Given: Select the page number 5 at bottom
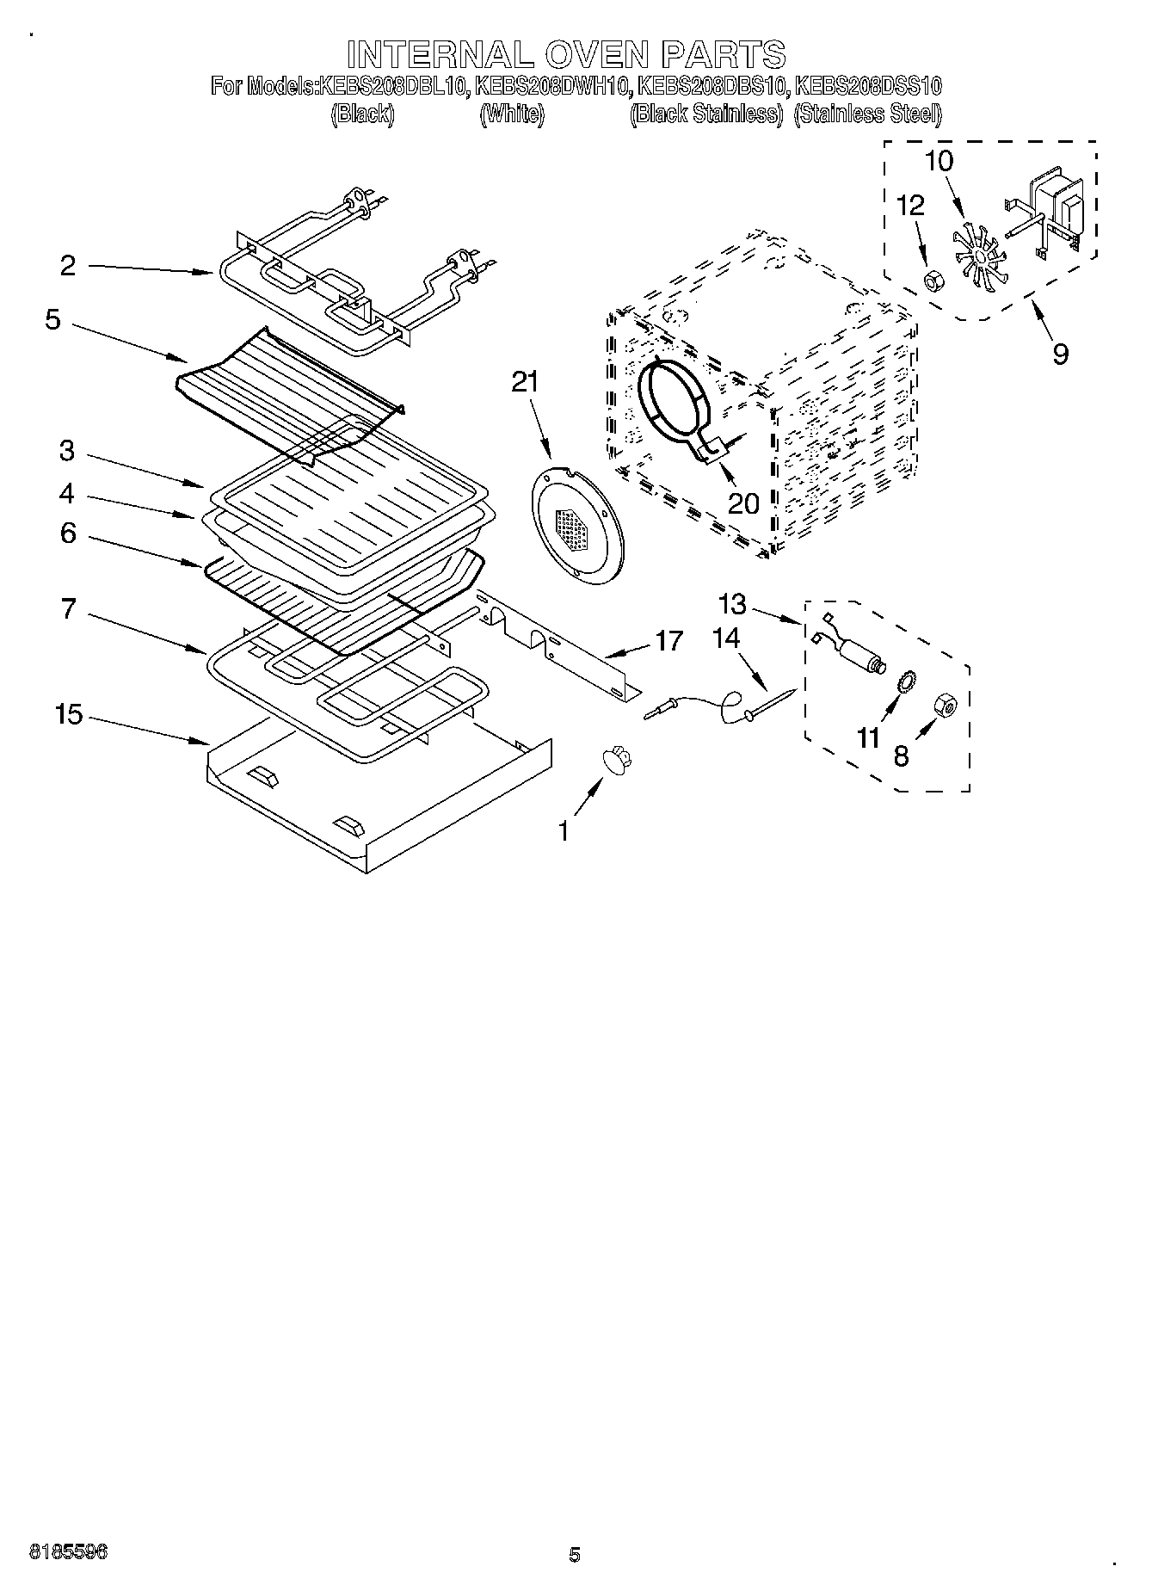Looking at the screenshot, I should pos(575,1555).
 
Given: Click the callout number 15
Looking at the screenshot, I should pos(69,713).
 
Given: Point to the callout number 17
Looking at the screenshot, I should pos(668,640).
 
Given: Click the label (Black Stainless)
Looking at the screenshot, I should pos(705,114).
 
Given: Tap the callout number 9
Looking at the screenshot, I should pos(1060,353).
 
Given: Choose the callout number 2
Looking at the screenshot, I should pos(68,266).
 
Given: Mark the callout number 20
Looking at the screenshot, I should pos(743,503).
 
